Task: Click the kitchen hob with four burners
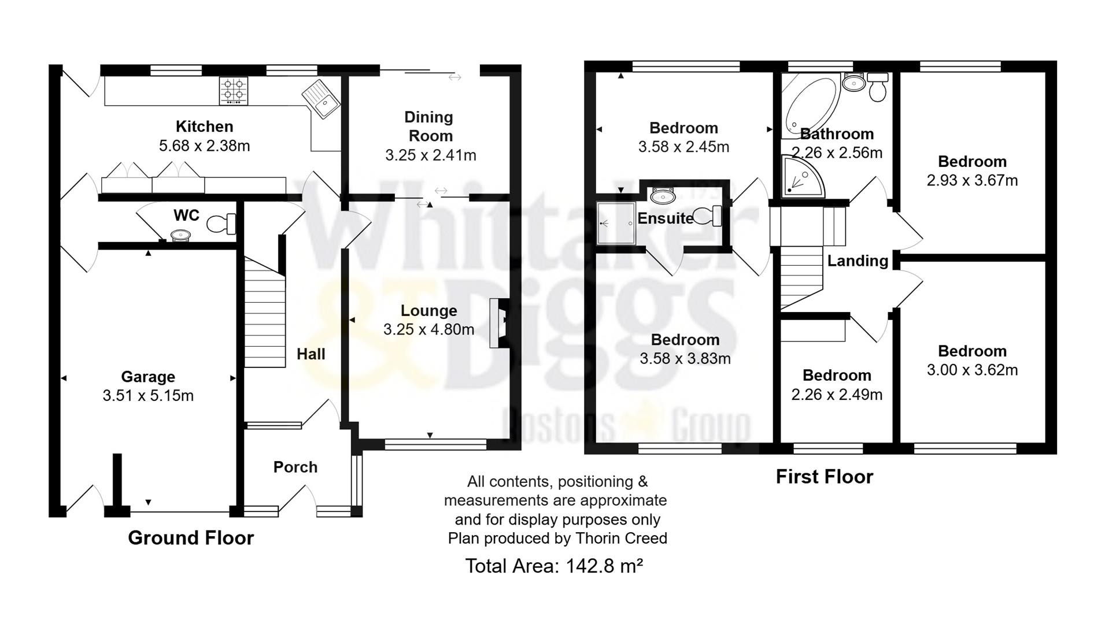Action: point(234,91)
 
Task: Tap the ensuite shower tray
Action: point(616,223)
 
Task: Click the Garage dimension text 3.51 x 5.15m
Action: point(148,396)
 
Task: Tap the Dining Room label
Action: point(429,127)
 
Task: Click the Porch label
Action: point(295,467)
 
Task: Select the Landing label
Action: point(858,261)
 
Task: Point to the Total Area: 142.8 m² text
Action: point(554,566)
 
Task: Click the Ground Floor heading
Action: point(191,538)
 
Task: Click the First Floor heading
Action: point(824,477)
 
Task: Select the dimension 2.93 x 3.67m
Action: point(972,181)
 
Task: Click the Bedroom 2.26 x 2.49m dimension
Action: point(837,395)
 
